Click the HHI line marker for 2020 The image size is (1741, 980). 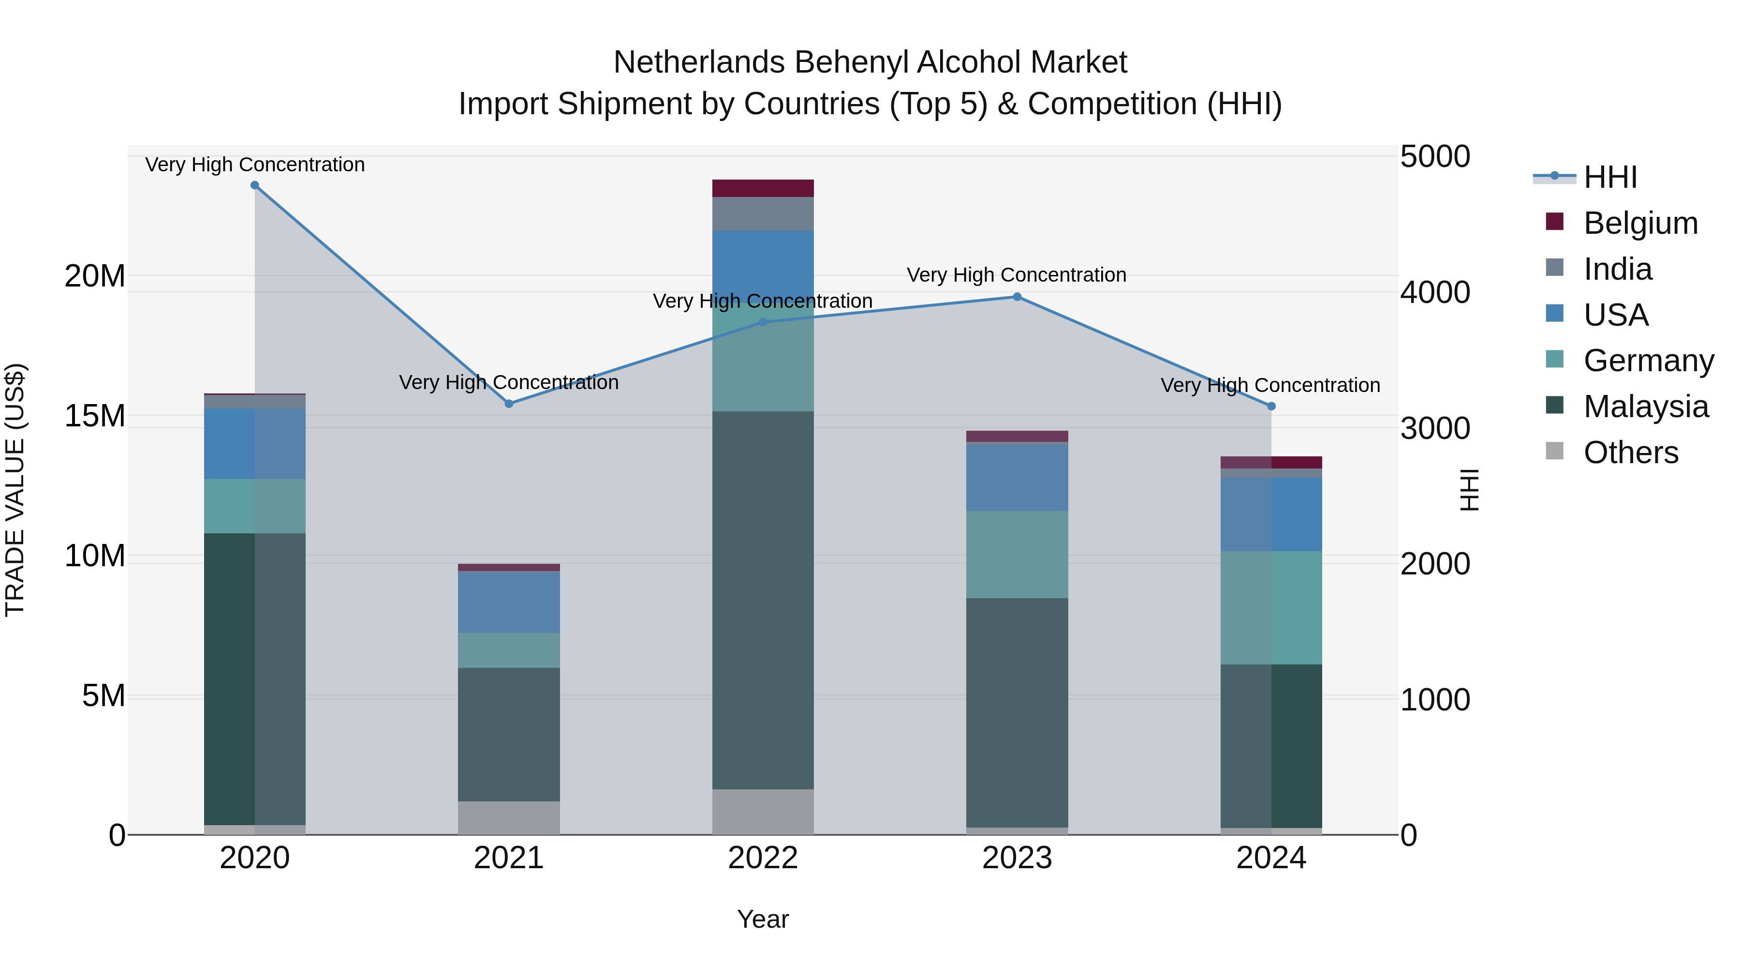coord(255,185)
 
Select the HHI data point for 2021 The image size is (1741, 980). coord(509,404)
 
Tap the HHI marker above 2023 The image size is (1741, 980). coord(1017,297)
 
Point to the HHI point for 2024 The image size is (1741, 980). coord(1271,407)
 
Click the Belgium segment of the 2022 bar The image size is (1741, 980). coord(763,188)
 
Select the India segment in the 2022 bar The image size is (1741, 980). coord(763,214)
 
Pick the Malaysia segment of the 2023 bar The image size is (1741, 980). coord(1017,712)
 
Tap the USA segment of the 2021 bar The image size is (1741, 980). coord(509,602)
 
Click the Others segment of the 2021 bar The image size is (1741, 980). coord(509,818)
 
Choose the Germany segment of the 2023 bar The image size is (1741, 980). coord(1017,555)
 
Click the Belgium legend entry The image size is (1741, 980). coord(1640,223)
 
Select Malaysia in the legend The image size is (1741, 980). coord(1646,407)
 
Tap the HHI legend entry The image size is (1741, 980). coord(1610,177)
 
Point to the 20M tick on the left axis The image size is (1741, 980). coord(95,276)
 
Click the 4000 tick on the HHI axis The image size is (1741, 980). coord(1435,292)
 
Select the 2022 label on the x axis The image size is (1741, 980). coord(763,858)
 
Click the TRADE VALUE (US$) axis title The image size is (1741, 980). coord(15,490)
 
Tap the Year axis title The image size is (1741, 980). coord(763,919)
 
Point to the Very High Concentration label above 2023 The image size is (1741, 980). coord(1017,275)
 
